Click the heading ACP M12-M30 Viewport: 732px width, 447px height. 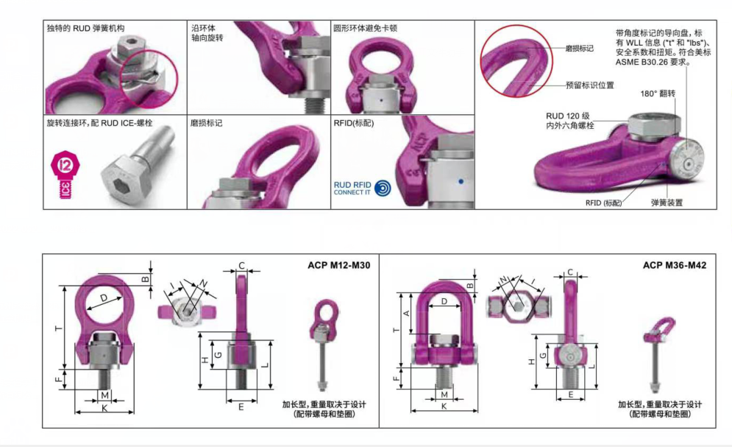[x=339, y=265]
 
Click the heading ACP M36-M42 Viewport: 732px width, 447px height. [x=675, y=265]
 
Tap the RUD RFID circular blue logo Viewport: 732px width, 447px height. [x=383, y=189]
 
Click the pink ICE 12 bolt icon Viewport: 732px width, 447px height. [x=65, y=175]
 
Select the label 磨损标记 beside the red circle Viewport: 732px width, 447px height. [x=579, y=48]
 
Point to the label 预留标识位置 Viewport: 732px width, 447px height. [x=589, y=85]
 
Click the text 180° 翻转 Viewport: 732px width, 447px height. [x=657, y=94]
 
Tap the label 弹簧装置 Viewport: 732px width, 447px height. [x=667, y=203]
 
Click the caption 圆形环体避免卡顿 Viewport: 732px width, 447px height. [x=365, y=28]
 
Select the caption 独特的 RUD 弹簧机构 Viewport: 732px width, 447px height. [x=85, y=28]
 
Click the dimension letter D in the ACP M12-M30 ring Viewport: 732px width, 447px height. [x=104, y=298]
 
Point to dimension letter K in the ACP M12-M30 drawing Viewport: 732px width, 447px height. [x=104, y=408]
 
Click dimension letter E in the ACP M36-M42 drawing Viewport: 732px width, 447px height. [x=570, y=395]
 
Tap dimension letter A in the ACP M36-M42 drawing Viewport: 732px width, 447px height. [x=406, y=314]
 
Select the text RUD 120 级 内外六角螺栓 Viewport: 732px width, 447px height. [x=569, y=121]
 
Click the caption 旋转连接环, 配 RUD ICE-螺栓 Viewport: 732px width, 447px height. [x=99, y=123]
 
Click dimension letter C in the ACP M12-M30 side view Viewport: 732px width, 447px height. [x=241, y=265]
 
